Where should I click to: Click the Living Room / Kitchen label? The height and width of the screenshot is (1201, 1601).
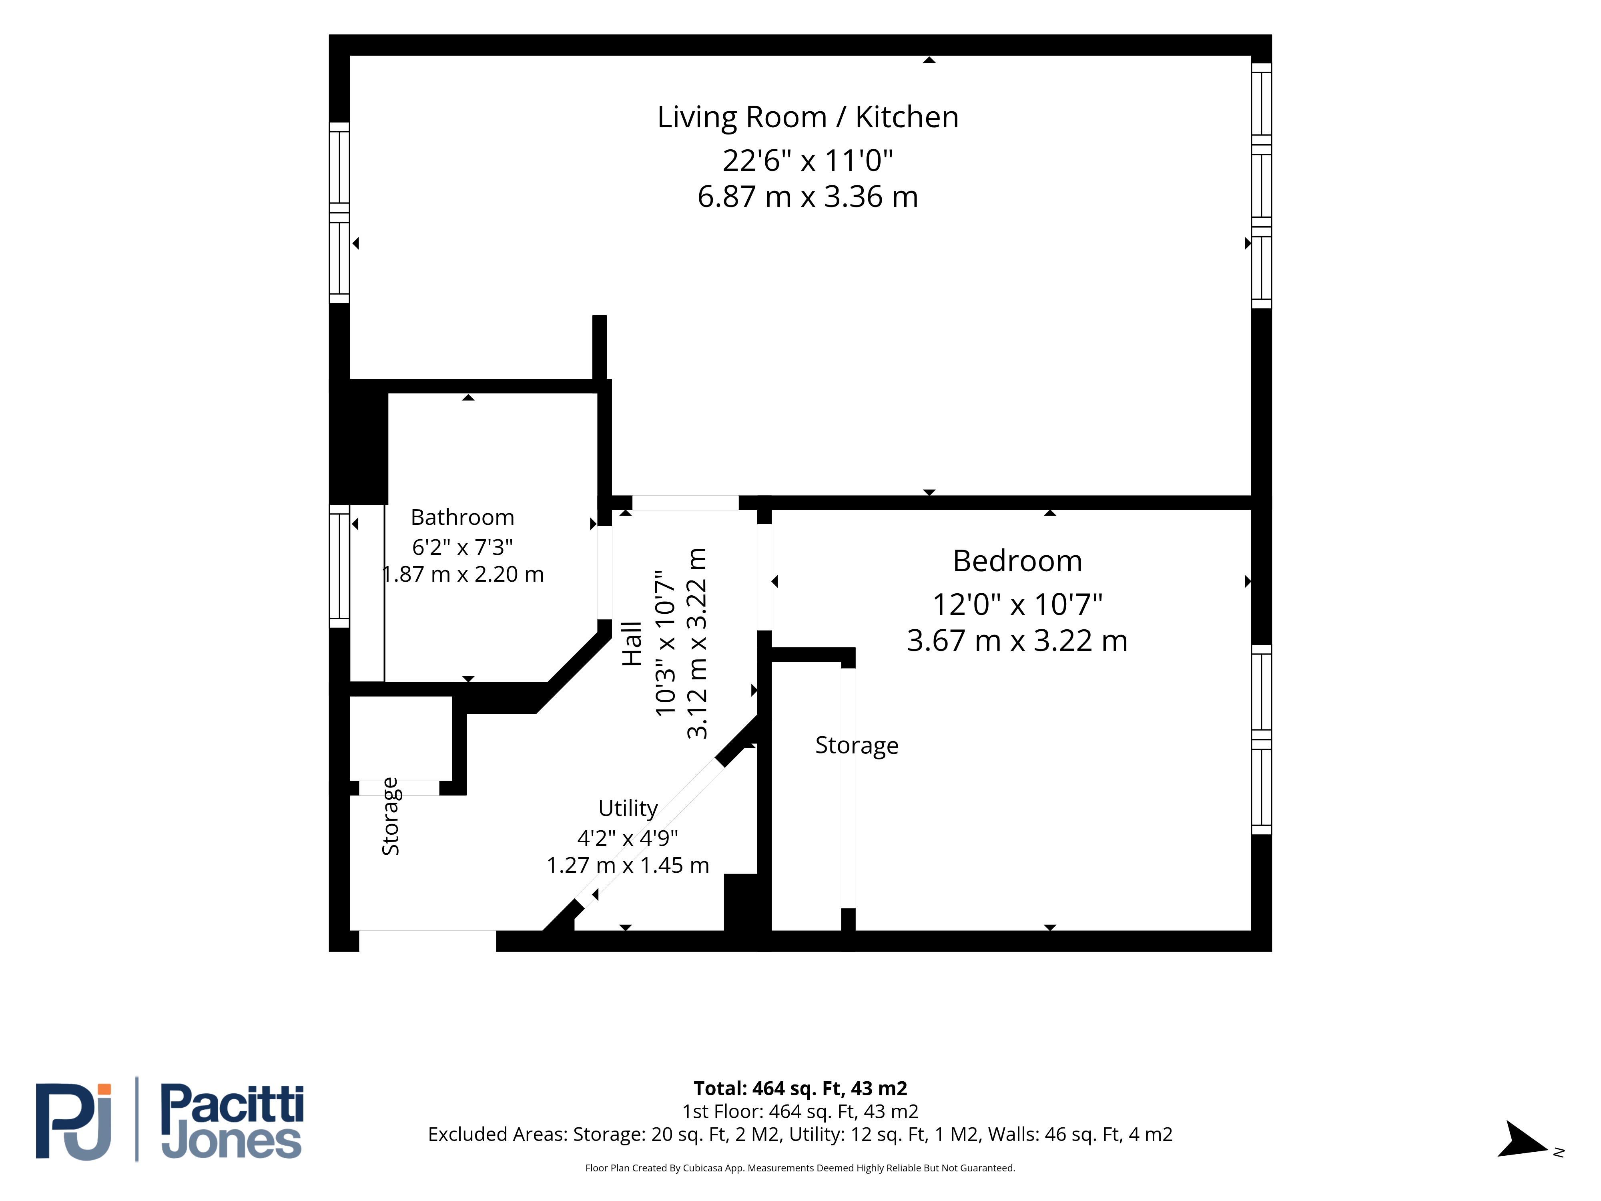click(x=808, y=117)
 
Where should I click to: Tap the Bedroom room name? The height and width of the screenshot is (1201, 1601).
click(x=1017, y=561)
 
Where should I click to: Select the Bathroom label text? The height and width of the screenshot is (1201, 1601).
click(x=463, y=518)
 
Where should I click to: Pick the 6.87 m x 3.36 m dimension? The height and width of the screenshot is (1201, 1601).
click(x=808, y=197)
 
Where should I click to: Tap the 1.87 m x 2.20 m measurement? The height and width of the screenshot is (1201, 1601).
click(x=463, y=574)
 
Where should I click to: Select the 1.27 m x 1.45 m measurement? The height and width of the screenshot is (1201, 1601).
click(x=628, y=865)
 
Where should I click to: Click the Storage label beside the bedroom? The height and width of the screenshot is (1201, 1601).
click(x=857, y=746)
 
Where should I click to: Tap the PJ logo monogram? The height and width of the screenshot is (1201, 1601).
click(x=74, y=1121)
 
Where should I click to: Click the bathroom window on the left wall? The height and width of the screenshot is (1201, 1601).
click(x=339, y=566)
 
